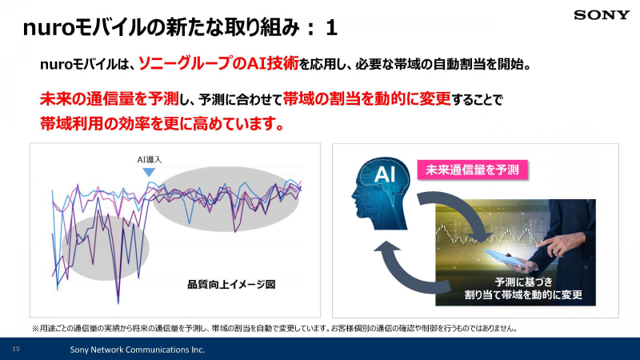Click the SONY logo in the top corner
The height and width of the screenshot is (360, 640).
[x=602, y=14]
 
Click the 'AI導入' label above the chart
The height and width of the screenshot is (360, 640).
[x=149, y=160]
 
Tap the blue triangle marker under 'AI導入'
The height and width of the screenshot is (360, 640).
[x=149, y=171]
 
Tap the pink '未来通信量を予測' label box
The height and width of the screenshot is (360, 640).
[x=473, y=170]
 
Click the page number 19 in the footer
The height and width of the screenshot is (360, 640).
[x=16, y=350]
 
